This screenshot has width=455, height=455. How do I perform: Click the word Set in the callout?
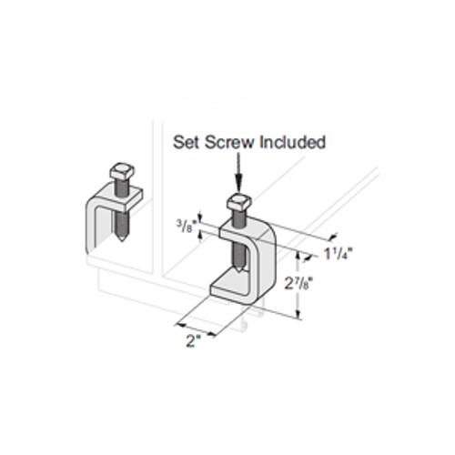[x=187, y=142]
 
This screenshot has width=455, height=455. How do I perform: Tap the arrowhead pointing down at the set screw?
[x=239, y=186]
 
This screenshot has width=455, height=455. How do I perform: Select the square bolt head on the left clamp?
[x=122, y=172]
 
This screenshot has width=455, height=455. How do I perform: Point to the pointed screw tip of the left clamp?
[x=122, y=238]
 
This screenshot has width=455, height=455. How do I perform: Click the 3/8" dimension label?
[x=185, y=226]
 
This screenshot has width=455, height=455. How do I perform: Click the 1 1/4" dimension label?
[x=339, y=254]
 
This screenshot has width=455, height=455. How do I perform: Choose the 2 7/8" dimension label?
[x=298, y=284]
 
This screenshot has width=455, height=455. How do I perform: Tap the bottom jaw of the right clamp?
[x=230, y=288]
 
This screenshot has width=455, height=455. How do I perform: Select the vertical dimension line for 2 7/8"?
[x=298, y=285]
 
